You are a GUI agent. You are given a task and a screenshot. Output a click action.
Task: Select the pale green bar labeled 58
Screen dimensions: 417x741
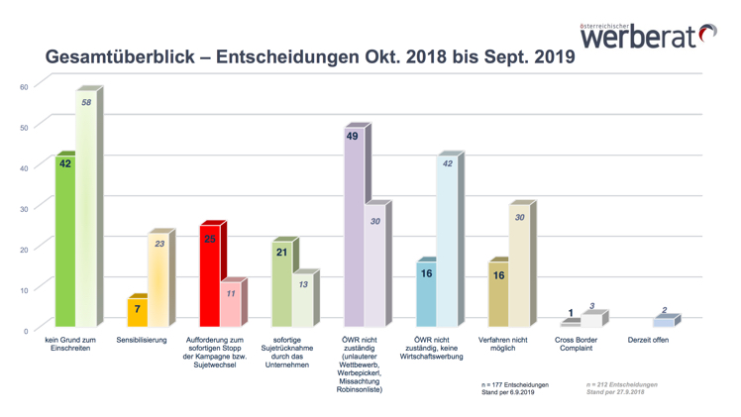point(86,213)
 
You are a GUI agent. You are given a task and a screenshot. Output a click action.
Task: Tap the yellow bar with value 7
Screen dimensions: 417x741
point(138,312)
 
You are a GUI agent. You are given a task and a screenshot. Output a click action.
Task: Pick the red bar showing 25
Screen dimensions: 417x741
point(210,277)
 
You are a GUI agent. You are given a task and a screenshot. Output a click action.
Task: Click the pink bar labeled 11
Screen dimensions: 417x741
point(230,305)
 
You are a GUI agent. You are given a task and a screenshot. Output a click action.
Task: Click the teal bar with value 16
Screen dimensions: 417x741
point(426,295)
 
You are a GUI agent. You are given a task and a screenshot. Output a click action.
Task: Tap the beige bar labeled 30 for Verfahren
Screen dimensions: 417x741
point(519,267)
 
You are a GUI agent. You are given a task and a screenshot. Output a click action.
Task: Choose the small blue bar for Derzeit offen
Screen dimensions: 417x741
point(663,322)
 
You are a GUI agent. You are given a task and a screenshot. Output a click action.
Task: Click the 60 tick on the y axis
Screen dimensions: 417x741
point(24,87)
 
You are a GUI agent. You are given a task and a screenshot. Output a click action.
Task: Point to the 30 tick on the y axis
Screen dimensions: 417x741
point(24,208)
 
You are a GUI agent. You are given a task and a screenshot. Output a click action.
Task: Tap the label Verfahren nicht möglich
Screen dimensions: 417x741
point(509,345)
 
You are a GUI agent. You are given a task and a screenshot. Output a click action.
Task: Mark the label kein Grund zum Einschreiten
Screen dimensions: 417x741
point(68,345)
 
